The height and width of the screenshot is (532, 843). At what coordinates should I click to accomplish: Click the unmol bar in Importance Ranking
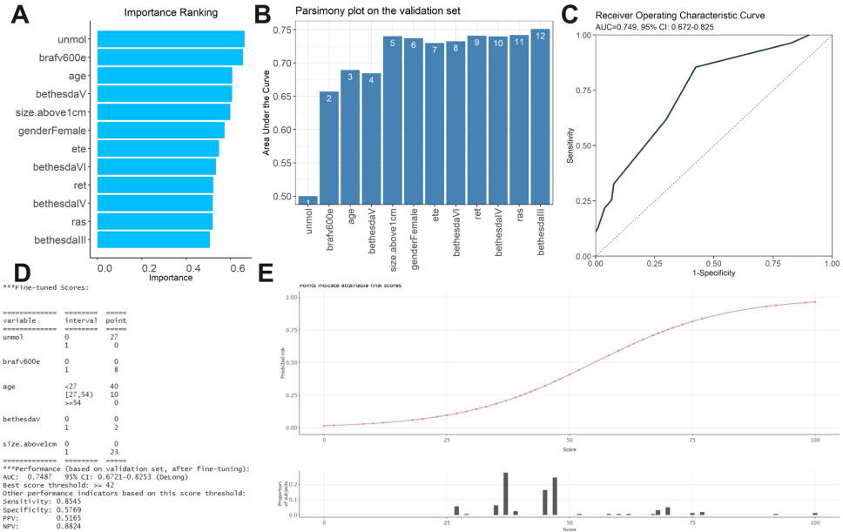tap(171, 39)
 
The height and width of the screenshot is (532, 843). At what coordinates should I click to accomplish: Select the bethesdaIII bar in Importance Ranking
tap(153, 239)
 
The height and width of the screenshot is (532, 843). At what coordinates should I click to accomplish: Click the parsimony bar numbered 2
tap(329, 146)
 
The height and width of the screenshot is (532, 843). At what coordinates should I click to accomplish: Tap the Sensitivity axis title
tap(569, 145)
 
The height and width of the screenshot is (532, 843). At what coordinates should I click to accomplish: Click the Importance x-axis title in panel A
tap(171, 279)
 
